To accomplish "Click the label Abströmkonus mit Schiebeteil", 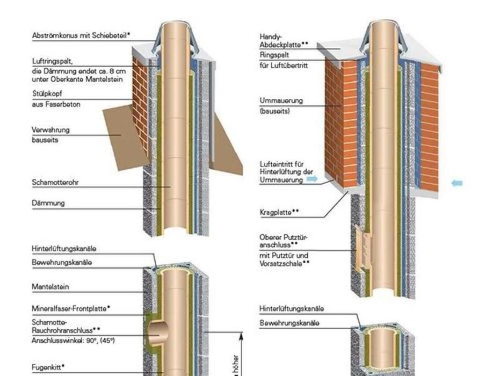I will pos(81,35).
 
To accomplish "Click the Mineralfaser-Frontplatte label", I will pos(70,308).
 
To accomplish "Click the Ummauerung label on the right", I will pos(281,100).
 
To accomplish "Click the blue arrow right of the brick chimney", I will pos(456,183).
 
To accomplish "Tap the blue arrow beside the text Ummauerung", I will pos(312,179).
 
